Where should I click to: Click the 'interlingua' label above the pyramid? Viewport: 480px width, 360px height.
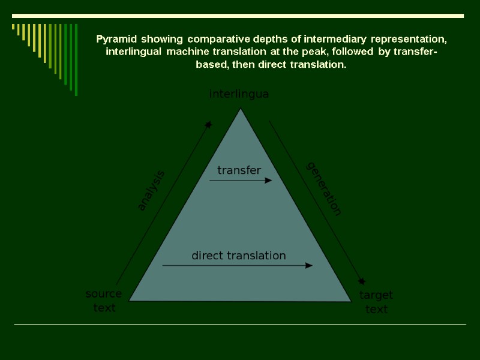(x=239, y=94)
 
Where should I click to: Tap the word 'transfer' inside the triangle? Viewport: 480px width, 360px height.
(x=239, y=170)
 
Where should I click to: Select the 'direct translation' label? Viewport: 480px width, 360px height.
(x=239, y=256)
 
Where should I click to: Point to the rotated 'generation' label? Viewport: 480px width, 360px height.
(x=324, y=188)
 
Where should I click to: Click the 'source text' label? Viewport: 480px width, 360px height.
(x=104, y=301)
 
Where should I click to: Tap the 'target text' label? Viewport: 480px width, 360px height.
(x=376, y=302)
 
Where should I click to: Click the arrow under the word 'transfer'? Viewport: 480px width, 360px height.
(x=240, y=180)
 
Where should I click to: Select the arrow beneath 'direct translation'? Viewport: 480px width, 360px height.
(x=237, y=265)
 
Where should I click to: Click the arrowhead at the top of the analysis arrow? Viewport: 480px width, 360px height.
(x=208, y=125)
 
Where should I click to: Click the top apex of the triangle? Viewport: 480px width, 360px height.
(x=241, y=109)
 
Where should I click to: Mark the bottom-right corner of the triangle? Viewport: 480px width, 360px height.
(x=350, y=300)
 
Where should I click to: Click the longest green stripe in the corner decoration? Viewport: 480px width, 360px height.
(x=76, y=59)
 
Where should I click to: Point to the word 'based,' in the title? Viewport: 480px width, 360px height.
(x=211, y=64)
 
